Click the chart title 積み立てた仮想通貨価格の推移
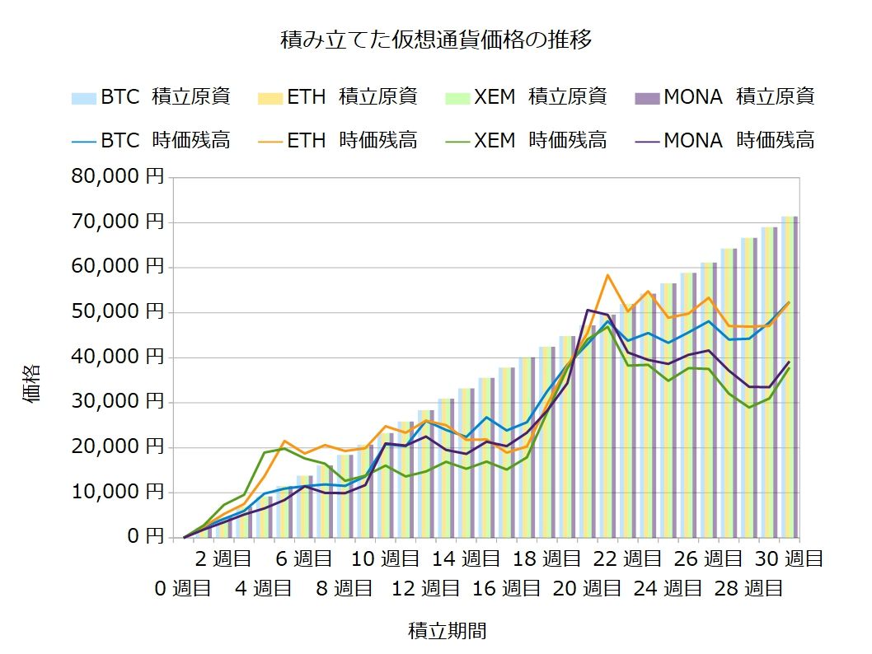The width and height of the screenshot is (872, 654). [x=436, y=40]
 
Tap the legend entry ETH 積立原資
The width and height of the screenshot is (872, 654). [x=338, y=96]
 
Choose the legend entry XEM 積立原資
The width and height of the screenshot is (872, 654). [x=527, y=96]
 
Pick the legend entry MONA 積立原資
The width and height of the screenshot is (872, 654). [x=725, y=96]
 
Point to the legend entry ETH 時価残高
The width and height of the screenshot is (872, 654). [x=338, y=140]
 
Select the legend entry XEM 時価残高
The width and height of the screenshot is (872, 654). [x=527, y=140]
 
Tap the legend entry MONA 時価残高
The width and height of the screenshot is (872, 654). [x=725, y=140]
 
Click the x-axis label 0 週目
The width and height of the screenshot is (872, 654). [x=182, y=589]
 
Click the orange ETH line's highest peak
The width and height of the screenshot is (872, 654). [x=607, y=275]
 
